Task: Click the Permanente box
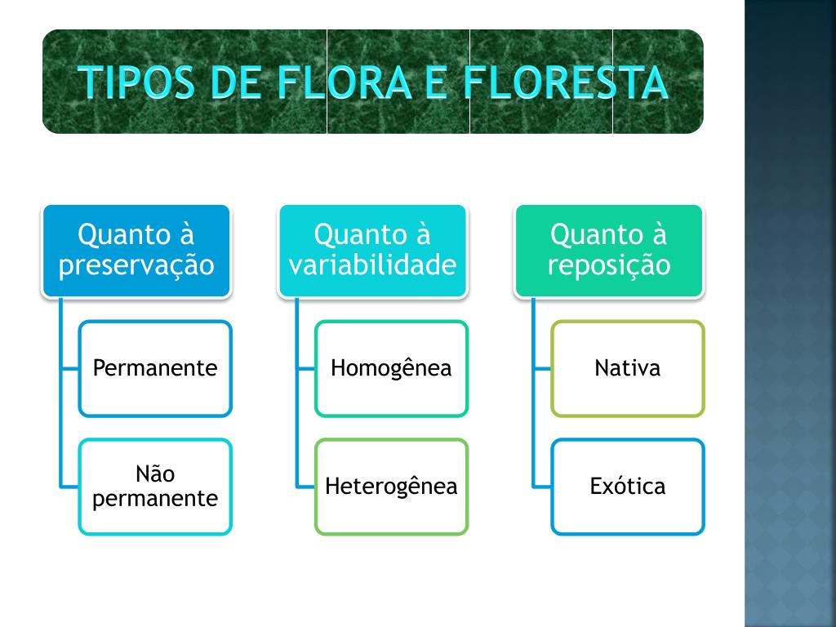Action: pyautogui.click(x=155, y=368)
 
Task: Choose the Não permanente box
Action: pyautogui.click(x=155, y=487)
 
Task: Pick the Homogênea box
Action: pyautogui.click(x=391, y=368)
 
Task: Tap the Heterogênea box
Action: pyautogui.click(x=391, y=487)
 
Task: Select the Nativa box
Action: pyautogui.click(x=627, y=368)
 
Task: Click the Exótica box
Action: pyautogui.click(x=627, y=487)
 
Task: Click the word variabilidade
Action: pyautogui.click(x=372, y=266)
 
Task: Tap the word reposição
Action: pyautogui.click(x=608, y=266)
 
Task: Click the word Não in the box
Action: pyautogui.click(x=155, y=474)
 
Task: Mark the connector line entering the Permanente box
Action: pyautogui.click(x=69, y=369)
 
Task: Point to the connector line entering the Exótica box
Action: pyautogui.click(x=541, y=487)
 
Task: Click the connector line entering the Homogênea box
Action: pyautogui.click(x=305, y=369)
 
